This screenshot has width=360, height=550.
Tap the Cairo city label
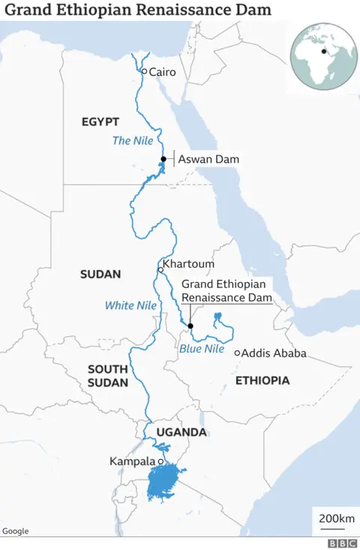pos(163,72)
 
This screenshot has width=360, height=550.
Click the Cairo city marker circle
pos(144,71)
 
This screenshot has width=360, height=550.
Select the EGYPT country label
pos(100,122)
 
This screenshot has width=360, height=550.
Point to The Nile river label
pos(131,140)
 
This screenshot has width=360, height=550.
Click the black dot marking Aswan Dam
pos(163,159)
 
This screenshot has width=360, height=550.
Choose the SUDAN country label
pos(100,275)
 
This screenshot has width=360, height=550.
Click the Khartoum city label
pos(188,264)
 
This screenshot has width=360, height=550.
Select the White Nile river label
pos(130,305)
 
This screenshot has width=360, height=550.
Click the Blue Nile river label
pos(202,349)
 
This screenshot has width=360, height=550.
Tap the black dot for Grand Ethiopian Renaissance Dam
pos(190,326)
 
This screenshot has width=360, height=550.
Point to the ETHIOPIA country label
pos(262,381)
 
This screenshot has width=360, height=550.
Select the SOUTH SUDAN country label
pos(108,376)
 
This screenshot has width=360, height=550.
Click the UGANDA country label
pos(181,432)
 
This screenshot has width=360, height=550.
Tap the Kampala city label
pos(132,461)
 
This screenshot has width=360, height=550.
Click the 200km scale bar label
pos(336,519)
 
